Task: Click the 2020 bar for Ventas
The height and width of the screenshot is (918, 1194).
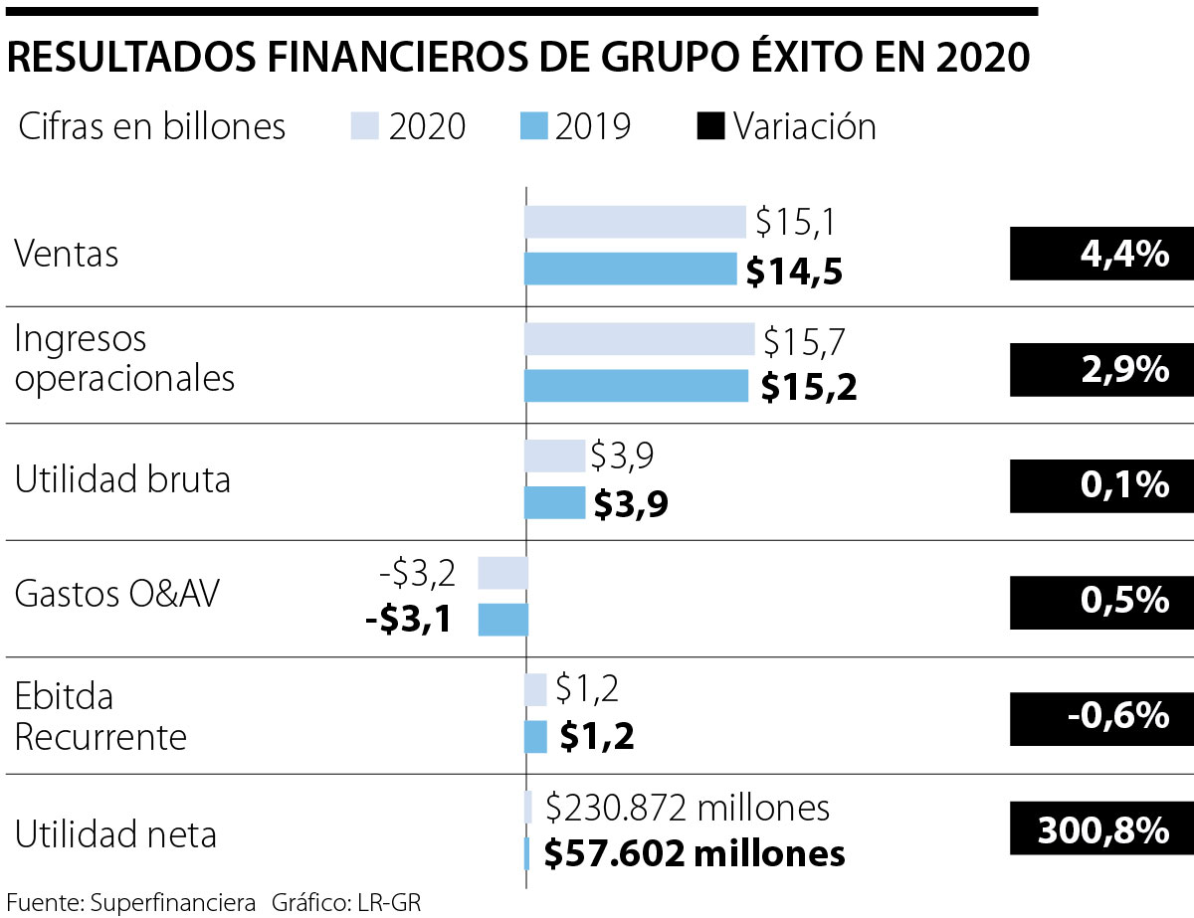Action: click(x=635, y=222)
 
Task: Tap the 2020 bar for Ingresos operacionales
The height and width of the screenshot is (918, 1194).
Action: click(x=639, y=339)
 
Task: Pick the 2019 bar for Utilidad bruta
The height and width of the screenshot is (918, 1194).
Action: click(x=554, y=502)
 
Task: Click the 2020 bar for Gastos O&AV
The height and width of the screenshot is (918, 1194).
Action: click(x=502, y=573)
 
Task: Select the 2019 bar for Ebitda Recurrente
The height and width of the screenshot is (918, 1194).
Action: click(x=535, y=737)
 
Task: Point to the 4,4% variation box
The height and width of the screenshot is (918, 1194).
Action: click(x=1100, y=254)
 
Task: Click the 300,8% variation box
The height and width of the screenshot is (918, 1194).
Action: click(x=1100, y=829)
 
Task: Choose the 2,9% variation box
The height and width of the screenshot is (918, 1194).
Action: click(x=1100, y=370)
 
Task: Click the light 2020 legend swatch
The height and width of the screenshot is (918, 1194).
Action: click(x=365, y=127)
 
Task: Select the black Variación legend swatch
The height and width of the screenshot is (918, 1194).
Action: click(x=710, y=127)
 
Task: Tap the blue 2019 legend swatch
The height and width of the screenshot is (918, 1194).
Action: click(x=533, y=127)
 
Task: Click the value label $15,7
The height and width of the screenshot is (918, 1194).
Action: click(x=804, y=341)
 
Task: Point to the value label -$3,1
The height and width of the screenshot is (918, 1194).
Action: click(x=409, y=620)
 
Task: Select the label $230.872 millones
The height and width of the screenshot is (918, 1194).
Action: click(x=688, y=808)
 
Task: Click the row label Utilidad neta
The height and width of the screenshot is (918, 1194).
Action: click(x=115, y=833)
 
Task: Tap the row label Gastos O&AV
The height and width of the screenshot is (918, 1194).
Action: click(x=117, y=595)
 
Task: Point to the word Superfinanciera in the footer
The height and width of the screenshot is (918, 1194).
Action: click(x=172, y=904)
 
